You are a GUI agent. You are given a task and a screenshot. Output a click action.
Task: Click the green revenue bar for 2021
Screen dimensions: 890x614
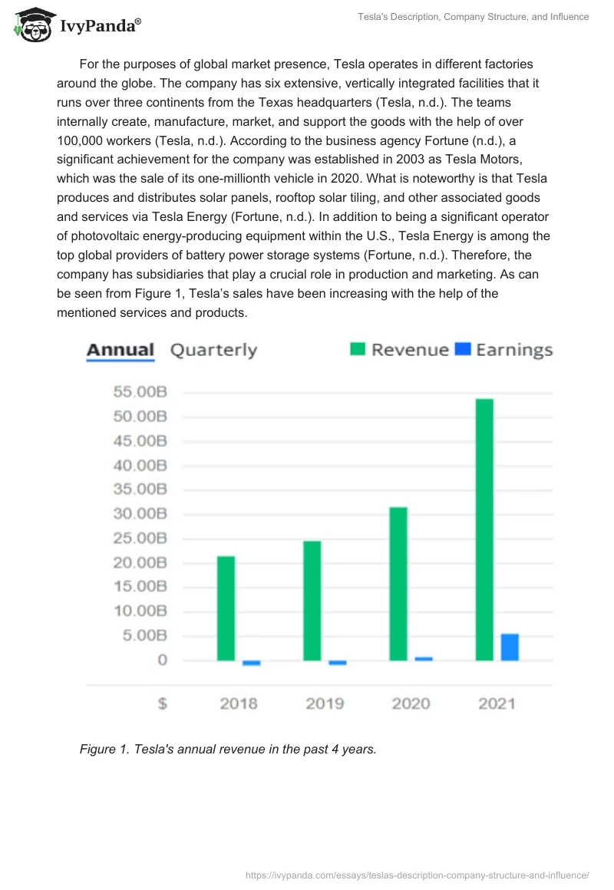(484, 529)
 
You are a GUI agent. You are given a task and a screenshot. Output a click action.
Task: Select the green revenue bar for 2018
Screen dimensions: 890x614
(226, 608)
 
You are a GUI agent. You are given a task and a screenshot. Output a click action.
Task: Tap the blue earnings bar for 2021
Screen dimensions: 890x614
(510, 647)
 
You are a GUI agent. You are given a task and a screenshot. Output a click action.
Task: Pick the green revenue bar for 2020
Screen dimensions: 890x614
(398, 583)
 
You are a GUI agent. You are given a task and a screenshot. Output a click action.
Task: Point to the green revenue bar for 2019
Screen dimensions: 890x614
(312, 600)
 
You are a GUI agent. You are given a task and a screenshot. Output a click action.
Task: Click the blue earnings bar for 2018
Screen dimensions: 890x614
(251, 663)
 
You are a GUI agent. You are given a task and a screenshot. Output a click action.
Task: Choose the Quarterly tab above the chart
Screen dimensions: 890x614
(213, 351)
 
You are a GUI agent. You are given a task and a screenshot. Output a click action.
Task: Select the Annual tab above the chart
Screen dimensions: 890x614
(120, 351)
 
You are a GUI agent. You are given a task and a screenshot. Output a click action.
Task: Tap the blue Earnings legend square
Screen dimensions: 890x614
(462, 350)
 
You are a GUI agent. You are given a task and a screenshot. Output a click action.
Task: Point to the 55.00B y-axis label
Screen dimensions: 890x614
(140, 392)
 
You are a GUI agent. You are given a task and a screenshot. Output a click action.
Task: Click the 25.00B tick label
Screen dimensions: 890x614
(140, 539)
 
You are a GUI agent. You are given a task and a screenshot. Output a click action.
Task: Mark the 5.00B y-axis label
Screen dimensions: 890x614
(144, 636)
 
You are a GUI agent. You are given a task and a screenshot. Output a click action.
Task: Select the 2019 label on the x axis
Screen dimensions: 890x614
(325, 704)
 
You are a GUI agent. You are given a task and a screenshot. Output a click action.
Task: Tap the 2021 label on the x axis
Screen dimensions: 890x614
(497, 704)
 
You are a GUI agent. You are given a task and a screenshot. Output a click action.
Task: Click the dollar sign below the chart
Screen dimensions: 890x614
(162, 704)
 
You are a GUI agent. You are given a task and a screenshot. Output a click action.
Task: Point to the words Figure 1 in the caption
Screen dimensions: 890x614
(104, 750)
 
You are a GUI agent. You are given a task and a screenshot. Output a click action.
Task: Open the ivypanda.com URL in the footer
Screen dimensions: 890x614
(417, 875)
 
